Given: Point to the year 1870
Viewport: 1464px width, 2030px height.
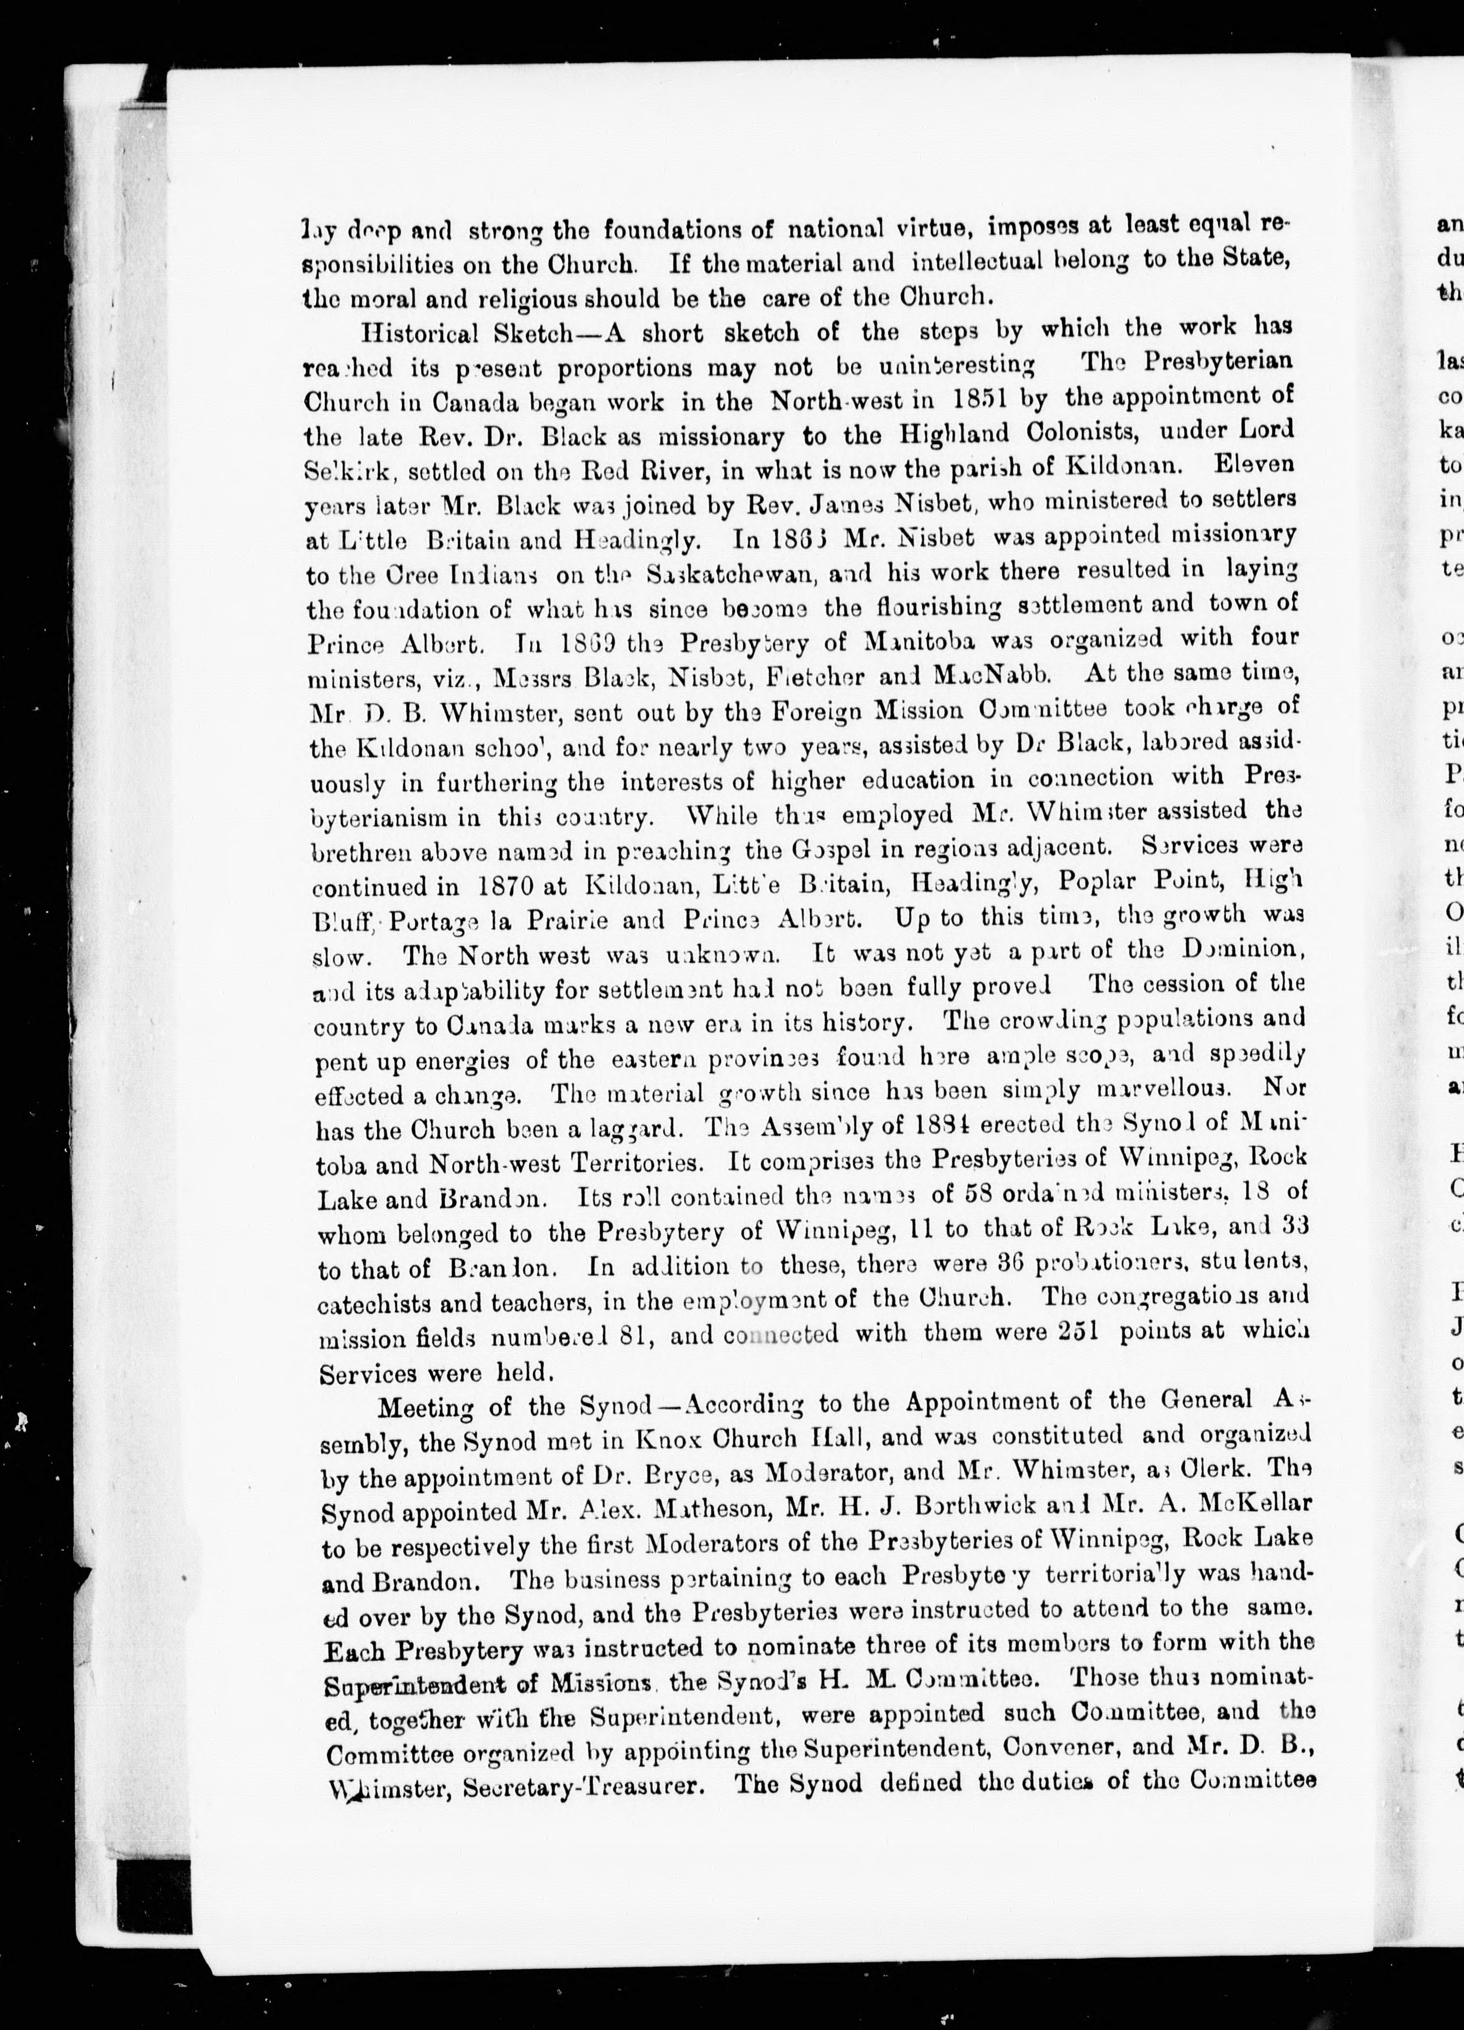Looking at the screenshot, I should [x=506, y=886].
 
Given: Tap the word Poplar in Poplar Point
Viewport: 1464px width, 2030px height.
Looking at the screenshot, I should [x=1097, y=881].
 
